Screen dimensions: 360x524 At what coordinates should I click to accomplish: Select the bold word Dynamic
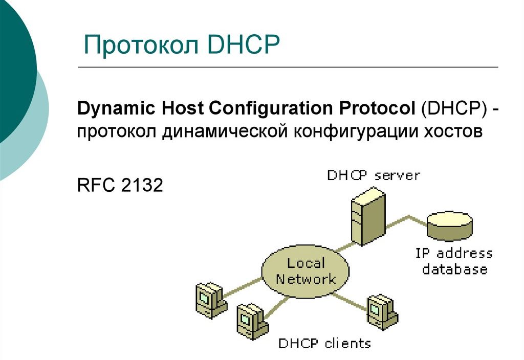(115, 108)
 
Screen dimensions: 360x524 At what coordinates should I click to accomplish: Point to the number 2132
(142, 186)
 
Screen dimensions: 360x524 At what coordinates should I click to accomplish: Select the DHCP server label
(374, 175)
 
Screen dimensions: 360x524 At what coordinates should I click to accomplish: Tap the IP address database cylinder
(450, 226)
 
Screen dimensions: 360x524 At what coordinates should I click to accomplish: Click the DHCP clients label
(324, 343)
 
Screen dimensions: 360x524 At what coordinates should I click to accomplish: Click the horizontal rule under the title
(287, 67)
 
